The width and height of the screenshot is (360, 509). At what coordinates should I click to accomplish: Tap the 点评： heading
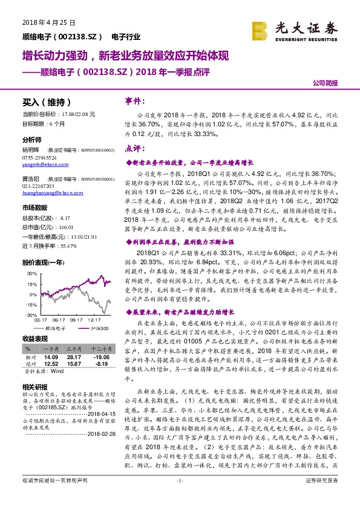tap(135, 148)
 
